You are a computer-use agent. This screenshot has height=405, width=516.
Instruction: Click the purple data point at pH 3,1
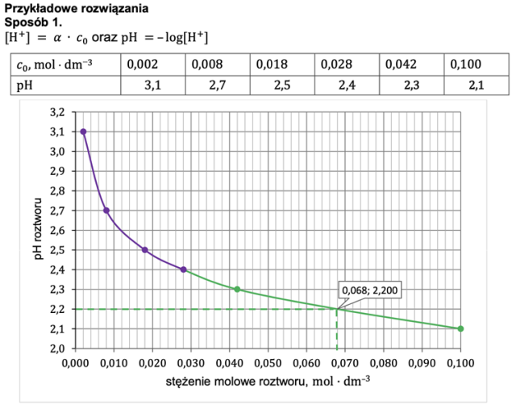[x=83, y=132]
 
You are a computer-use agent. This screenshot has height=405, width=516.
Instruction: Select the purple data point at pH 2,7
[x=106, y=211]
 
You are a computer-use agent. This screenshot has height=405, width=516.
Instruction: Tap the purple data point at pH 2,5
[x=145, y=250]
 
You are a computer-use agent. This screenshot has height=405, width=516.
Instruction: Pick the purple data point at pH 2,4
[x=184, y=269]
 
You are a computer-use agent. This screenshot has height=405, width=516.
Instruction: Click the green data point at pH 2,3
[x=237, y=289]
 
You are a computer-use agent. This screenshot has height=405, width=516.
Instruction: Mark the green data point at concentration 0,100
[x=460, y=328]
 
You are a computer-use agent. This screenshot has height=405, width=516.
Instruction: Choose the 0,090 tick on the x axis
[x=422, y=362]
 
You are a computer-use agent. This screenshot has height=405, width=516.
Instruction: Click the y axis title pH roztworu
[x=37, y=230]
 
